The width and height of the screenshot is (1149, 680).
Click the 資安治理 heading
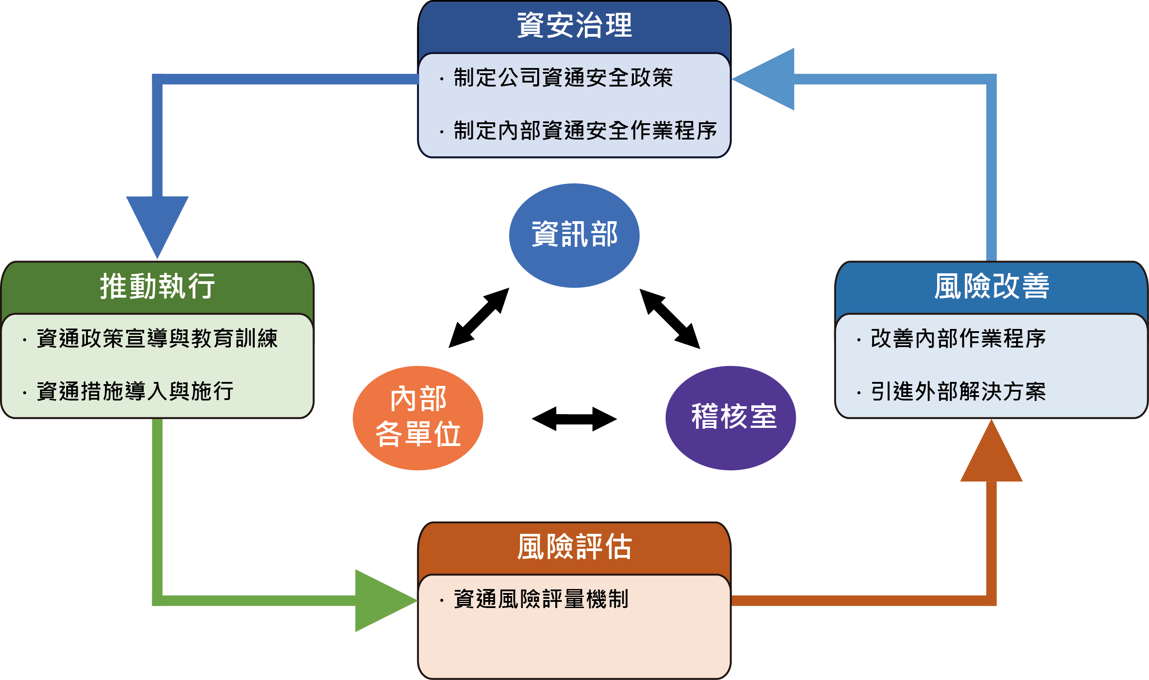[574, 25]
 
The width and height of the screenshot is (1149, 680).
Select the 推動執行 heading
[157, 286]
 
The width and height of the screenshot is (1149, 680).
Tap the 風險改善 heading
[991, 286]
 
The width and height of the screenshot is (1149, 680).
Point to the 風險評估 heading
[574, 547]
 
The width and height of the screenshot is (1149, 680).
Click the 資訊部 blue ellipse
[574, 235]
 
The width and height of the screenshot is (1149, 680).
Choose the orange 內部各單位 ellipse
[418, 418]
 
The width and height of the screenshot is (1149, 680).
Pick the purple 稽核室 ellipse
[731, 418]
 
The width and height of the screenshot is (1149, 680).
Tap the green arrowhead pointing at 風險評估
[386, 601]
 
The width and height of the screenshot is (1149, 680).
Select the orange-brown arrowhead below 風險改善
[991, 450]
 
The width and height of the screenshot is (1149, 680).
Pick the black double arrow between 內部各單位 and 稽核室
[574, 419]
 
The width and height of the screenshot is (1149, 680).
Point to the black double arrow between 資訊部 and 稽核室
[670, 318]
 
